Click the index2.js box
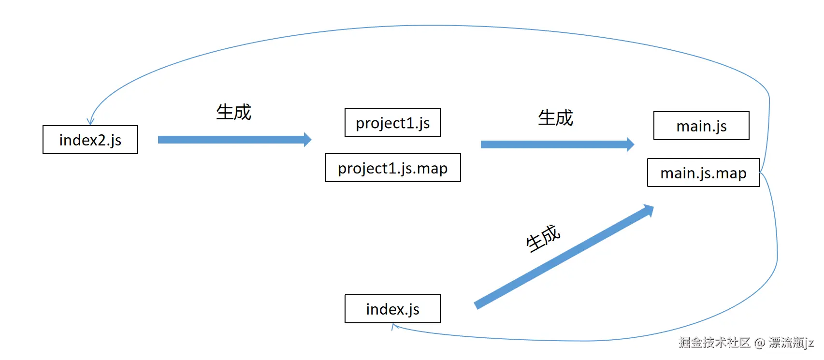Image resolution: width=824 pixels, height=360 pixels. pyautogui.click(x=90, y=140)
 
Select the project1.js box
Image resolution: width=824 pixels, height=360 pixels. pyautogui.click(x=392, y=123)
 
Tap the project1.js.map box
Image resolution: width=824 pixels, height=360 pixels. pyautogui.click(x=392, y=168)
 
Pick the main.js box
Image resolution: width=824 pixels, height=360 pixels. pyautogui.click(x=701, y=126)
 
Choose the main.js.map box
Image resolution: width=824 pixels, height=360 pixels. pyautogui.click(x=703, y=173)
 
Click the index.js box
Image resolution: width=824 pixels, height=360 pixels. pyautogui.click(x=392, y=309)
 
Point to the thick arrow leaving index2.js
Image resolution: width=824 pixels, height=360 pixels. pyautogui.click(x=232, y=140)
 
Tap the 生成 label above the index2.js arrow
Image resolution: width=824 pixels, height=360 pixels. pyautogui.click(x=233, y=112)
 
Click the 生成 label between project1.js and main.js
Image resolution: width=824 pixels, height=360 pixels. pyautogui.click(x=555, y=118)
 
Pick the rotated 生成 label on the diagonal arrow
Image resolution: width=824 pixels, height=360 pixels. pyautogui.click(x=543, y=238)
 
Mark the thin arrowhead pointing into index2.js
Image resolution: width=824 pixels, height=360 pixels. pyautogui.click(x=90, y=122)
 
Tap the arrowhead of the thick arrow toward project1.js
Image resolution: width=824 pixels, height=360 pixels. pyautogui.click(x=308, y=140)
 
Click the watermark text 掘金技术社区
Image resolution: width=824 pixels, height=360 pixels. pyautogui.click(x=714, y=343)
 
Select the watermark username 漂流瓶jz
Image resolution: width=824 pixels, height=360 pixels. pyautogui.click(x=791, y=343)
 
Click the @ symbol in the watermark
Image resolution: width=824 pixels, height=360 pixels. pyautogui.click(x=759, y=343)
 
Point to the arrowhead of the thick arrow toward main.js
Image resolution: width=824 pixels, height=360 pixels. pyautogui.click(x=630, y=144)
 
